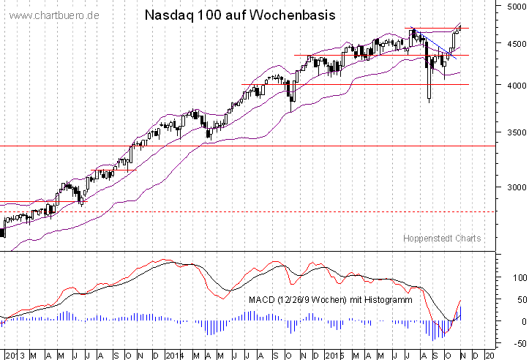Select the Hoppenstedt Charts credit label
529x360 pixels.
pyautogui.click(x=442, y=239)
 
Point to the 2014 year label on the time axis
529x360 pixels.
pyautogui.click(x=174, y=355)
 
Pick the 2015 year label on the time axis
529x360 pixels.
pyautogui.click(x=334, y=355)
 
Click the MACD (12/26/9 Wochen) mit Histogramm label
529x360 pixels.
pyautogui.click(x=330, y=300)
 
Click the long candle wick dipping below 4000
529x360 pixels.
pyautogui.click(x=429, y=94)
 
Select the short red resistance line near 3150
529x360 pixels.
pyautogui.click(x=113, y=170)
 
